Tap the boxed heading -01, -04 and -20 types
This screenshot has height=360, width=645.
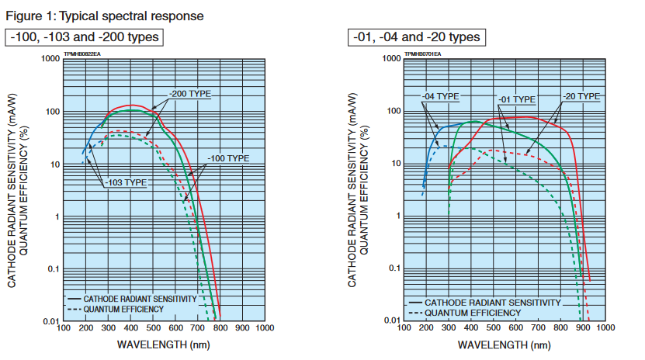pos(416,37)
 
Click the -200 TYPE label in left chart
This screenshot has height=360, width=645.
pos(189,95)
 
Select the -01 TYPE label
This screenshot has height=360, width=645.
pos(515,100)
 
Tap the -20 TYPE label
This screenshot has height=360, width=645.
pos(581,96)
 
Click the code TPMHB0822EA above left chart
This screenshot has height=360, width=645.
pos(82,54)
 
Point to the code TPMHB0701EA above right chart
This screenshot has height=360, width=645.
pos(422,54)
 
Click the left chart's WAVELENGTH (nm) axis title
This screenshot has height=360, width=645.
pos(163,342)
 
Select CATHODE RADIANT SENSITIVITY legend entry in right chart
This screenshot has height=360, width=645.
pos(494,302)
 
